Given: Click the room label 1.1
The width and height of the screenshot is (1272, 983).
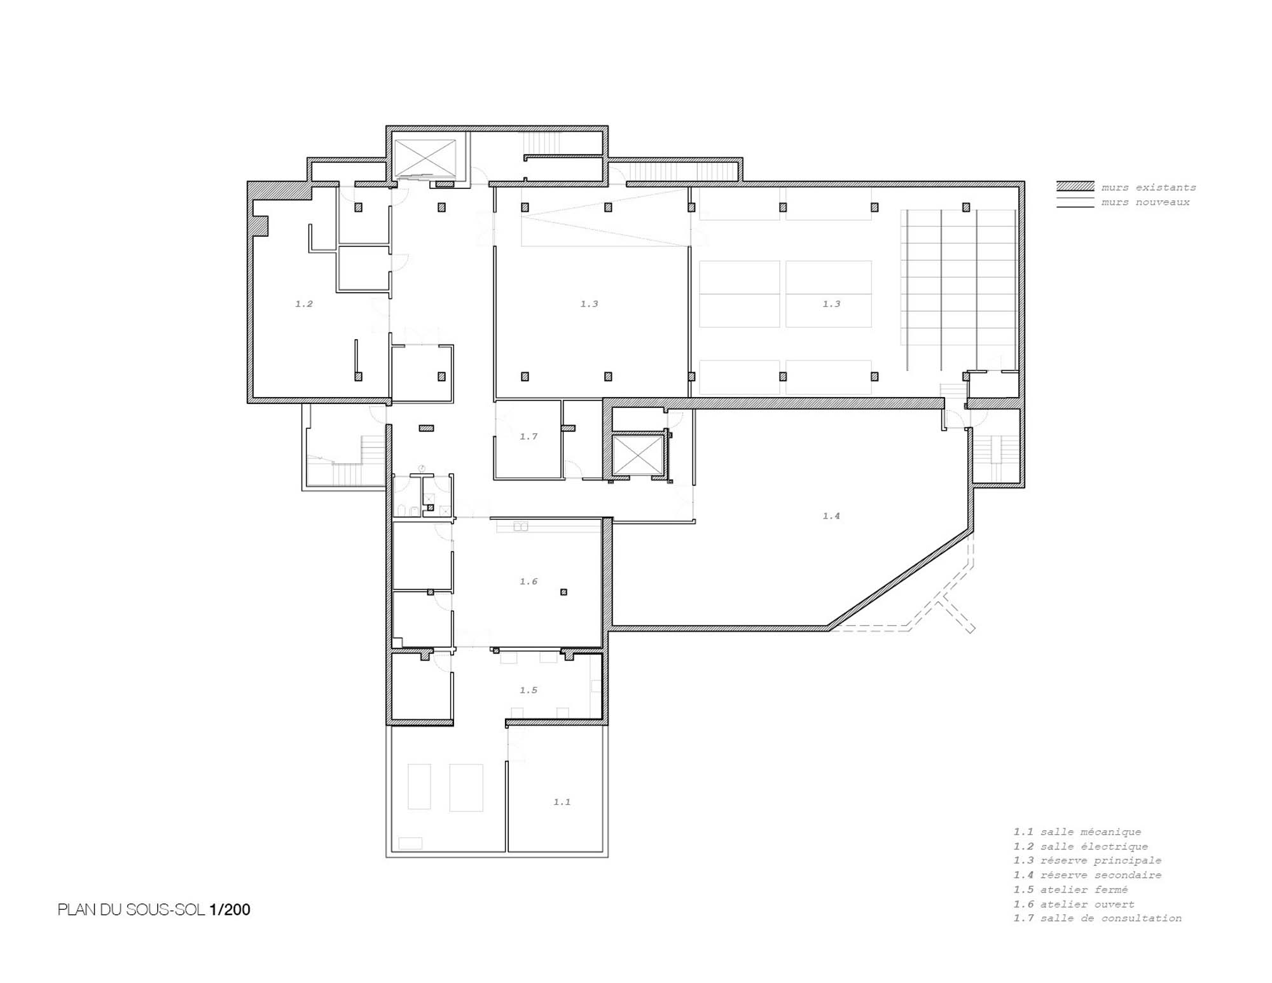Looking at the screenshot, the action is tap(562, 802).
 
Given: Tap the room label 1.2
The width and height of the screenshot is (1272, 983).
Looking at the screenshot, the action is tap(304, 304).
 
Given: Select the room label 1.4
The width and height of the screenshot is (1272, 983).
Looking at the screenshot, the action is tap(831, 516).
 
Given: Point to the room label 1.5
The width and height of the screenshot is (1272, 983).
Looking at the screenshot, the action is tap(529, 690).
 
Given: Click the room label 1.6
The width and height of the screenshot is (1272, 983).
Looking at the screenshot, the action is tap(529, 582).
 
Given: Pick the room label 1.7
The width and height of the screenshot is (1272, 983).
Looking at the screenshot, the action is tap(529, 436).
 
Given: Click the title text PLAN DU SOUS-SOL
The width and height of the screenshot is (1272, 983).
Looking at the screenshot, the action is tap(132, 910).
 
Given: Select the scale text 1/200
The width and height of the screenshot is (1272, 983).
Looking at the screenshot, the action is tap(230, 910).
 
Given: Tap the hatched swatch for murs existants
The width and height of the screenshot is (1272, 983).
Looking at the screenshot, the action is tap(1075, 186).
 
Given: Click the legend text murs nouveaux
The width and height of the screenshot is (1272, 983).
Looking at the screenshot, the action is tap(1145, 202).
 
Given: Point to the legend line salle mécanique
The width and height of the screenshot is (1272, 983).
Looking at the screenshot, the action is tap(1077, 832).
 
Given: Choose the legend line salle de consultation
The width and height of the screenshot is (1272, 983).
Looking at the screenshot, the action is tap(1098, 918).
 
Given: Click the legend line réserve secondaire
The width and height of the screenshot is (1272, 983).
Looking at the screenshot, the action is tap(1088, 875).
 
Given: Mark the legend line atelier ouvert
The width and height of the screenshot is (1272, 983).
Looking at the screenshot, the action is tap(1074, 904).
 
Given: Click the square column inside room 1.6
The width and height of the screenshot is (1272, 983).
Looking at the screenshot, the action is tap(563, 592).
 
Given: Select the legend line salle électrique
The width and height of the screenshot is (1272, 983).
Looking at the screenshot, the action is tap(1081, 846).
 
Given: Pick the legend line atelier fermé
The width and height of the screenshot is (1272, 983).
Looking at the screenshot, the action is tap(1071, 889).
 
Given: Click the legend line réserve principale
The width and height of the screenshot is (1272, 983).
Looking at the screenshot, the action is tap(1088, 860).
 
